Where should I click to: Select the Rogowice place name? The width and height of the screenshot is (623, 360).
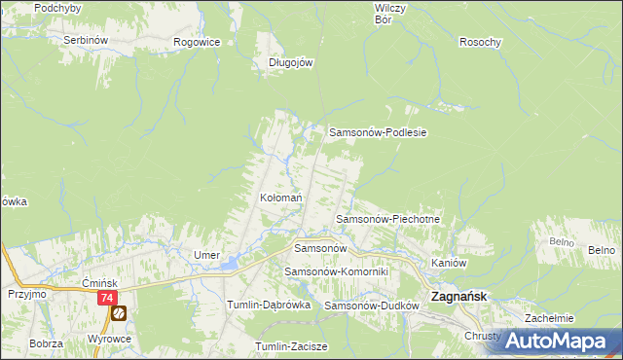[196, 42]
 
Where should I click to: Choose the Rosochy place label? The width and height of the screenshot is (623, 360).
[480, 42]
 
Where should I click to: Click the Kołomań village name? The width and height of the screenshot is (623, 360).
[280, 198]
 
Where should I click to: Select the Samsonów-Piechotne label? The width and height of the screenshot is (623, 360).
[388, 220]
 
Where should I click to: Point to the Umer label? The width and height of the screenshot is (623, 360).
[206, 255]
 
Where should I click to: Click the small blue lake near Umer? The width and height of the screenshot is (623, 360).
[229, 263]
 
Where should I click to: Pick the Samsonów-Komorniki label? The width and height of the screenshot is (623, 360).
[336, 271]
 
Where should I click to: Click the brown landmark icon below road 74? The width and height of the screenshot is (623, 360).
[118, 313]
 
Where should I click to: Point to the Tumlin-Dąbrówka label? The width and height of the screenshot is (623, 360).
[268, 305]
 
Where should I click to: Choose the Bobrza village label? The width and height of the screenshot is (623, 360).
[46, 343]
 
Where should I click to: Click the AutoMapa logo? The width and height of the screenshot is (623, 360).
[563, 341]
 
